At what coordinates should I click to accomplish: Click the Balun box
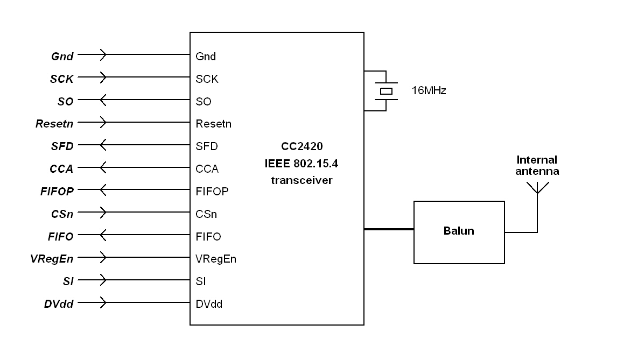tap(459, 232)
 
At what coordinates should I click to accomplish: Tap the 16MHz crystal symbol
tap(386, 91)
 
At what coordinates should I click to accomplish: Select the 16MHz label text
tap(429, 91)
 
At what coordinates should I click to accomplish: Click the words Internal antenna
tap(537, 166)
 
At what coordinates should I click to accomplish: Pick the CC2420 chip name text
tap(302, 146)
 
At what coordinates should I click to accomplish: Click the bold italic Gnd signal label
tap(62, 56)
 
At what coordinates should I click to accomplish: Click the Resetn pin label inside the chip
tap(213, 124)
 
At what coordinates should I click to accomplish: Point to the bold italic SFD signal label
tap(62, 146)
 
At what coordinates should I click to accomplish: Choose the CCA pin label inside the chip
tap(207, 169)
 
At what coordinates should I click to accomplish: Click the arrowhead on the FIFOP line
tap(103, 190)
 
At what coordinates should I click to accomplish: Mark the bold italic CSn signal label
tap(62, 214)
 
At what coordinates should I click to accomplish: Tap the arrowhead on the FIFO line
tap(103, 236)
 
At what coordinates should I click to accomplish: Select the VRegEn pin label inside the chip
tap(216, 259)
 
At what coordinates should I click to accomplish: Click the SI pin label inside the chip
tap(200, 281)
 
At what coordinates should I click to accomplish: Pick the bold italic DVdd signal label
tap(59, 304)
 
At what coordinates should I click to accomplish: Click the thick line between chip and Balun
tap(389, 230)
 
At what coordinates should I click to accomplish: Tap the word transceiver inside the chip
tap(302, 181)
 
